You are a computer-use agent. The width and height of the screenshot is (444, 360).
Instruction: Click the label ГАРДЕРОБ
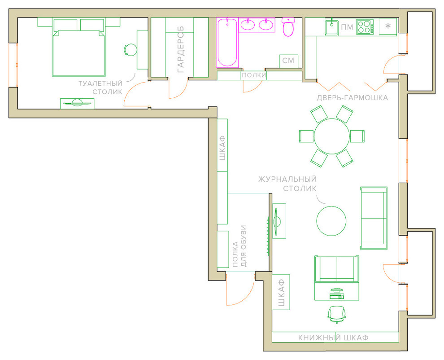(181, 49)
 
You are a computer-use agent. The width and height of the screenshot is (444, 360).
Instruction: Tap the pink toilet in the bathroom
(288, 27)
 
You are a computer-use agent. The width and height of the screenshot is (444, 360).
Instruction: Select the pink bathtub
(227, 43)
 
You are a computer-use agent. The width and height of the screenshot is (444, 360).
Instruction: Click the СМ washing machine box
(288, 61)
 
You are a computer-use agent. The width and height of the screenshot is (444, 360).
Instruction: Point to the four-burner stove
(365, 27)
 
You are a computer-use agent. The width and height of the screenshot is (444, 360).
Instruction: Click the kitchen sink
(331, 27)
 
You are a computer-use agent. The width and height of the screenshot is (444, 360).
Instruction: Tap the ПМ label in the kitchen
(347, 27)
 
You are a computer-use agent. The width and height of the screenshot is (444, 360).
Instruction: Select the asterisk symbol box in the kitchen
(388, 26)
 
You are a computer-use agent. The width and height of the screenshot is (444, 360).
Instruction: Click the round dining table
(331, 136)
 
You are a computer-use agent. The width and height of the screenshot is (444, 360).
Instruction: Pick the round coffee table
(331, 221)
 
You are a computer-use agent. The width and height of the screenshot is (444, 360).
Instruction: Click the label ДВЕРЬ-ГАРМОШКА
(352, 98)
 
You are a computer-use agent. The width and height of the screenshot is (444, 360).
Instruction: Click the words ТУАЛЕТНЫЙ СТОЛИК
(100, 88)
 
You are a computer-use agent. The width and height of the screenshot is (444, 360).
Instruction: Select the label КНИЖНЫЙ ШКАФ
(333, 338)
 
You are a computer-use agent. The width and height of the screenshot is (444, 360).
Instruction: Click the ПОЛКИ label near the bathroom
(254, 75)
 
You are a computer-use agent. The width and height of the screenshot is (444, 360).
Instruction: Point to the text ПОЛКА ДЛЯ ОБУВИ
(239, 246)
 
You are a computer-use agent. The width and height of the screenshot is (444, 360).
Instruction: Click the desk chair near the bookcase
(337, 314)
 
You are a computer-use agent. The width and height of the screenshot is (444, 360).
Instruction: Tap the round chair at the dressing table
(131, 50)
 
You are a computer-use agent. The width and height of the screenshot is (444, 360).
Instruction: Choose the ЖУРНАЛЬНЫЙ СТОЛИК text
(287, 184)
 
